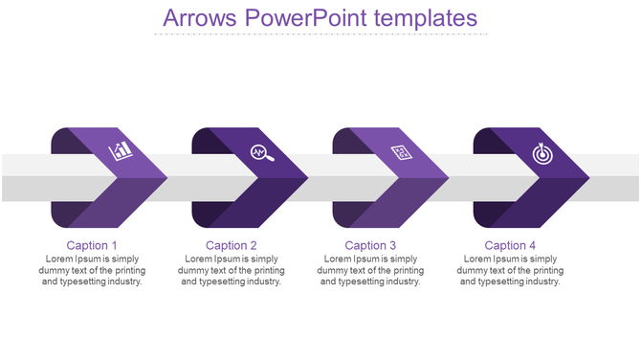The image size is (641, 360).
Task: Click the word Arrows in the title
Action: pos(198,17)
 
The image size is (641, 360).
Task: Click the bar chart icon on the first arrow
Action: pos(122,150)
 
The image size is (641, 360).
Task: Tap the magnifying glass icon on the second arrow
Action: pos(261,151)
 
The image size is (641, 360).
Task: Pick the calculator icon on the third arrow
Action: pos(402,151)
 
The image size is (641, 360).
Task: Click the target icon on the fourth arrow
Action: pos(542,151)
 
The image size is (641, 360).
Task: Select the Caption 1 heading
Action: pos(92,246)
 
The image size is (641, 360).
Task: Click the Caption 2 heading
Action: pos(232,246)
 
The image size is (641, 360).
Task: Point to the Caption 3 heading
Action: pos(371,246)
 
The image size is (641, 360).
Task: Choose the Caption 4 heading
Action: pos(511,246)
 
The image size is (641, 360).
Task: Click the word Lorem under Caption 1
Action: pos(60,259)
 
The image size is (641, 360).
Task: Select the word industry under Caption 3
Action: pos(401,282)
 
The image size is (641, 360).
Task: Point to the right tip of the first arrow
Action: pos(166,177)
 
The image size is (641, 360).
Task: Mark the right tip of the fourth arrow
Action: pos(588,177)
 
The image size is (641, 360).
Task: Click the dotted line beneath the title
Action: pos(320,34)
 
